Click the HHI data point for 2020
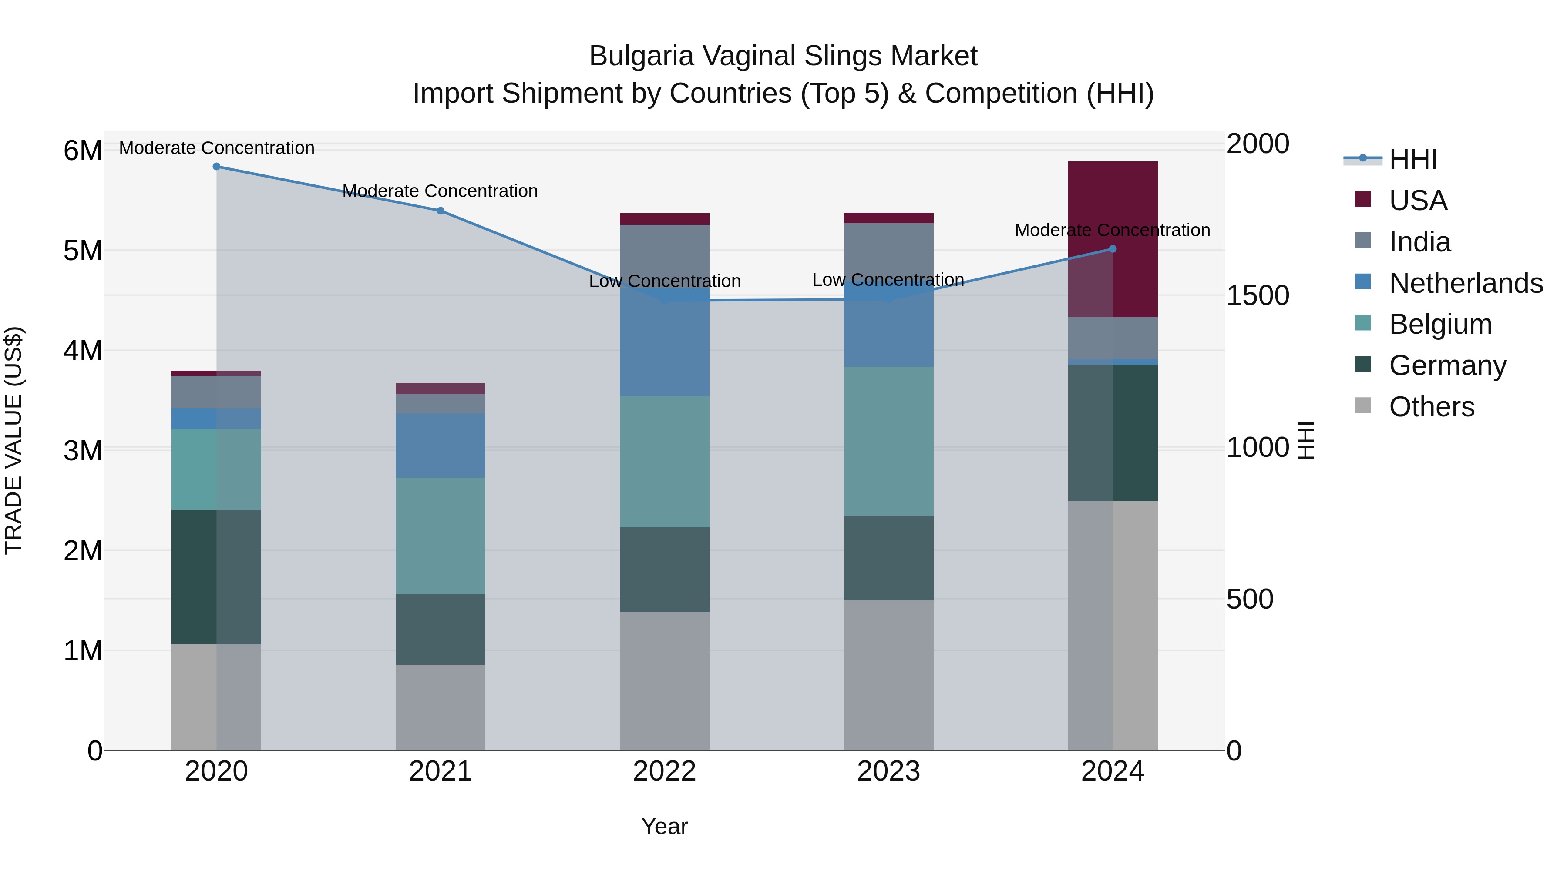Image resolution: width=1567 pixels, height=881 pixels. pyautogui.click(x=217, y=167)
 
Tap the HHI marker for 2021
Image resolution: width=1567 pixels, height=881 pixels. pyautogui.click(x=441, y=211)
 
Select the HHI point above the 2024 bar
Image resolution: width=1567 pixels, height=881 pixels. pyautogui.click(x=1113, y=249)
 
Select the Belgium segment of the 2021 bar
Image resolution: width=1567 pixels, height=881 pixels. pyautogui.click(x=441, y=536)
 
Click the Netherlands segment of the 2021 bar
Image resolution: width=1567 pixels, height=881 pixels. pyautogui.click(x=441, y=446)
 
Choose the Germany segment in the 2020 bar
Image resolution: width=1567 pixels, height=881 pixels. pyautogui.click(x=217, y=577)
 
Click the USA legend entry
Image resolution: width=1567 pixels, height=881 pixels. pyautogui.click(x=1417, y=201)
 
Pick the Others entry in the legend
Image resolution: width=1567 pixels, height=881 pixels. pyautogui.click(x=1431, y=407)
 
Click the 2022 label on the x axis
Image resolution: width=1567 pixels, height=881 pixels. pyautogui.click(x=664, y=771)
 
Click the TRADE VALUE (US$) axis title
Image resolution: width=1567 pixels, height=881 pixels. pyautogui.click(x=14, y=440)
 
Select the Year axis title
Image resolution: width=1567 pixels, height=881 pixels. pyautogui.click(x=664, y=826)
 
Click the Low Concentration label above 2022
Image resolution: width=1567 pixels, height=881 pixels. pyautogui.click(x=664, y=281)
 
